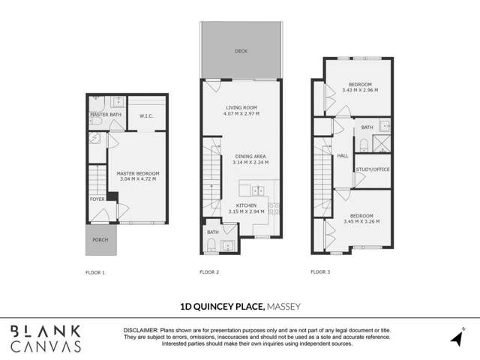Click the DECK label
240,51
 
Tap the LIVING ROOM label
241,107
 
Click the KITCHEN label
246,204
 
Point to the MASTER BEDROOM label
138,173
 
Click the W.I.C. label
146,115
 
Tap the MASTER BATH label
100,115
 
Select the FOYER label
97,199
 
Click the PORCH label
100,240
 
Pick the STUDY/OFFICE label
372,169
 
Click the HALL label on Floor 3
343,155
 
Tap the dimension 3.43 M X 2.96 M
360,90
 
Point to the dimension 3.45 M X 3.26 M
361,222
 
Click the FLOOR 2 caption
209,271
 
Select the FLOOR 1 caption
95,271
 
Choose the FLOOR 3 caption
319,271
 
